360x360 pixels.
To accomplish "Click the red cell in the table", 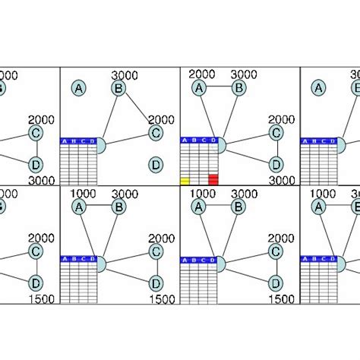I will [213, 180].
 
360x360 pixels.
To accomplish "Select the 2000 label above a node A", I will [202, 74].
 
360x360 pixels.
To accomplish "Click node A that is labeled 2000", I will [199, 89].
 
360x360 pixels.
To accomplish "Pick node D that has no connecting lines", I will [156, 164].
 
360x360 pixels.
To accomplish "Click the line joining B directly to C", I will [137, 111].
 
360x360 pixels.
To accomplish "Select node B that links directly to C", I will [118, 89].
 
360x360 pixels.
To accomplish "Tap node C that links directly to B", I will [156, 134].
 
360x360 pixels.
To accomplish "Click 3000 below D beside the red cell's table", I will [281, 181].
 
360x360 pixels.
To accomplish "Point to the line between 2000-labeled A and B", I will [219, 89].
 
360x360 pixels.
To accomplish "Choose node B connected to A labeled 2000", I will [238, 89].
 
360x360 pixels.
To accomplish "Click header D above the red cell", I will [213, 141].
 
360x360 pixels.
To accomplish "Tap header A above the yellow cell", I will [185, 141].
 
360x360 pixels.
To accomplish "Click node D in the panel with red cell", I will [276, 164].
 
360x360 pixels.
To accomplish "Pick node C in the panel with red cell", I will [276, 134].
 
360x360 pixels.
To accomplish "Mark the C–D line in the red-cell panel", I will [276, 149].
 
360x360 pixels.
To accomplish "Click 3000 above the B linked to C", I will [124, 74].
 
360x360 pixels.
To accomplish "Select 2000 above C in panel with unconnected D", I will [161, 120].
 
